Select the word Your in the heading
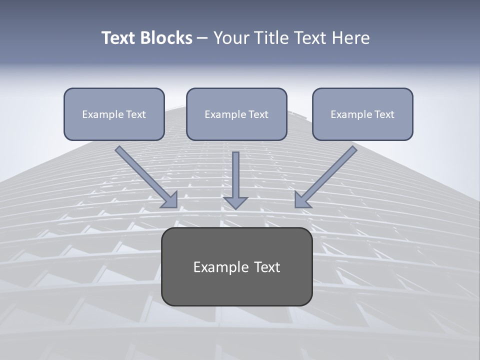click(x=230, y=38)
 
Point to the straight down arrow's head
click(x=235, y=202)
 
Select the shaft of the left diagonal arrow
click(x=142, y=172)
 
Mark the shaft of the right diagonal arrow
click(x=330, y=172)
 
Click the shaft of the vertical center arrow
click(x=235, y=172)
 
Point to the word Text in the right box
click(x=384, y=114)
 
